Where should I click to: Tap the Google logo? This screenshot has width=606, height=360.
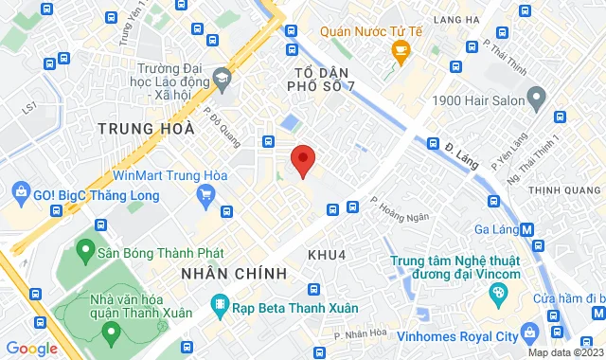(x=31, y=348)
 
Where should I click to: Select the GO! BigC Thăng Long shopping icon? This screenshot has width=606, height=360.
(x=20, y=193)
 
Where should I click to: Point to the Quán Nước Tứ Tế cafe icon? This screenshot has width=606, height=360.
(x=401, y=51)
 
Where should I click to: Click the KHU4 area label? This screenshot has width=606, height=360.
(x=327, y=255)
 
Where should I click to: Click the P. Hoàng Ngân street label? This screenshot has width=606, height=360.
(x=400, y=208)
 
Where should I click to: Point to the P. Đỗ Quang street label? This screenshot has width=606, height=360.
(x=217, y=120)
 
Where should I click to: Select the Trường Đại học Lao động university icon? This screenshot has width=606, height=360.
(x=223, y=77)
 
